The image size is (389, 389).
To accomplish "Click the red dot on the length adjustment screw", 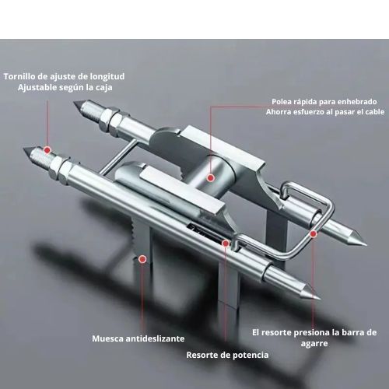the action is [x=47, y=150].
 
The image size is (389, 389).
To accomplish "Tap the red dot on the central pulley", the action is [x=211, y=178].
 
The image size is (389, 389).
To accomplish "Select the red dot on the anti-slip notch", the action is [x=142, y=259].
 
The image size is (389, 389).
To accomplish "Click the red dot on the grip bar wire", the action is [x=314, y=234].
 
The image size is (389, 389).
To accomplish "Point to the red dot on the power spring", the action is [x=226, y=243].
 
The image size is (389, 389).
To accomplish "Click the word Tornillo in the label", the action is [x=17, y=76].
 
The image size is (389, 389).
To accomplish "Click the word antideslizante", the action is [x=155, y=338].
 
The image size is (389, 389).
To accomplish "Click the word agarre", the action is [x=314, y=344].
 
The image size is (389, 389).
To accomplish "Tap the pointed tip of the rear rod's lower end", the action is [x=366, y=244].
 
